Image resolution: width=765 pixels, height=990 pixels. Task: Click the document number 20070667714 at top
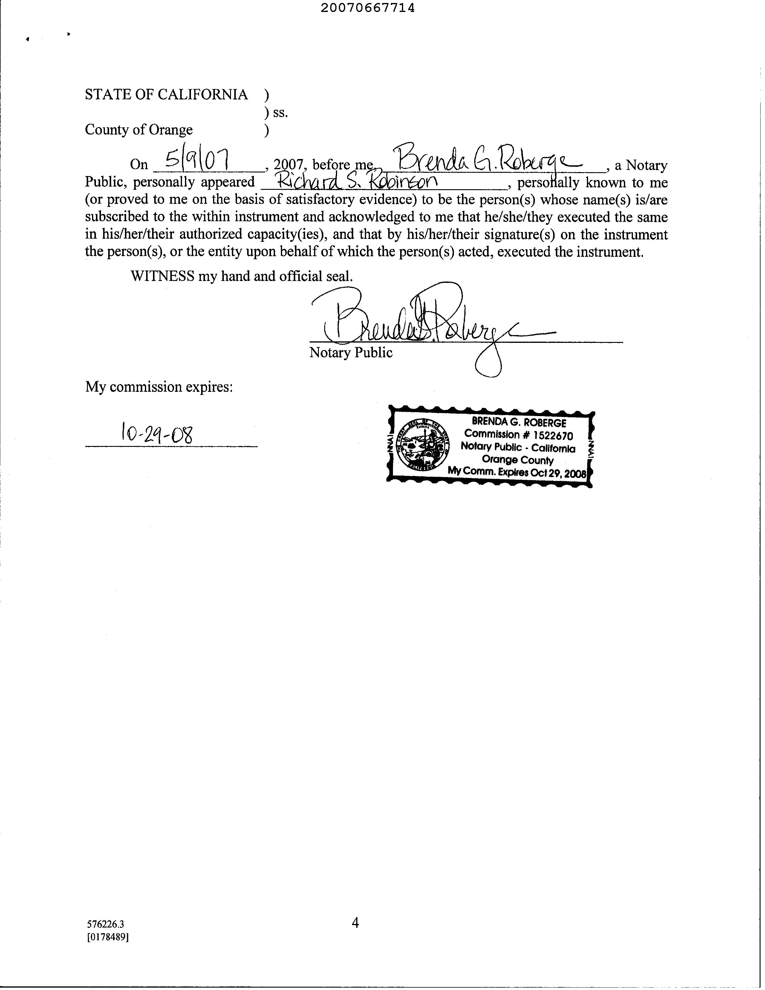point(368,8)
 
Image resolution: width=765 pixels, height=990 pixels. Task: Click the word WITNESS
point(162,276)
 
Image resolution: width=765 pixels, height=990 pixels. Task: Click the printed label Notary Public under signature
point(351,353)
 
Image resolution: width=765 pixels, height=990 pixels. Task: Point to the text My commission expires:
point(159,387)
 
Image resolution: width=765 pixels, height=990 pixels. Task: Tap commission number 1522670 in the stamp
point(553,436)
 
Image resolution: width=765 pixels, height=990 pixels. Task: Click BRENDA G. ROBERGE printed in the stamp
point(519,423)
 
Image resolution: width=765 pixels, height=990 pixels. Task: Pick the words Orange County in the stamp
point(518,460)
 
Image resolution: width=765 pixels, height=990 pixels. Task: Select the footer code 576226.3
point(105,924)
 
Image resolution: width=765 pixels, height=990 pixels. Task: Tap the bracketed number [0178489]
point(108,936)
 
